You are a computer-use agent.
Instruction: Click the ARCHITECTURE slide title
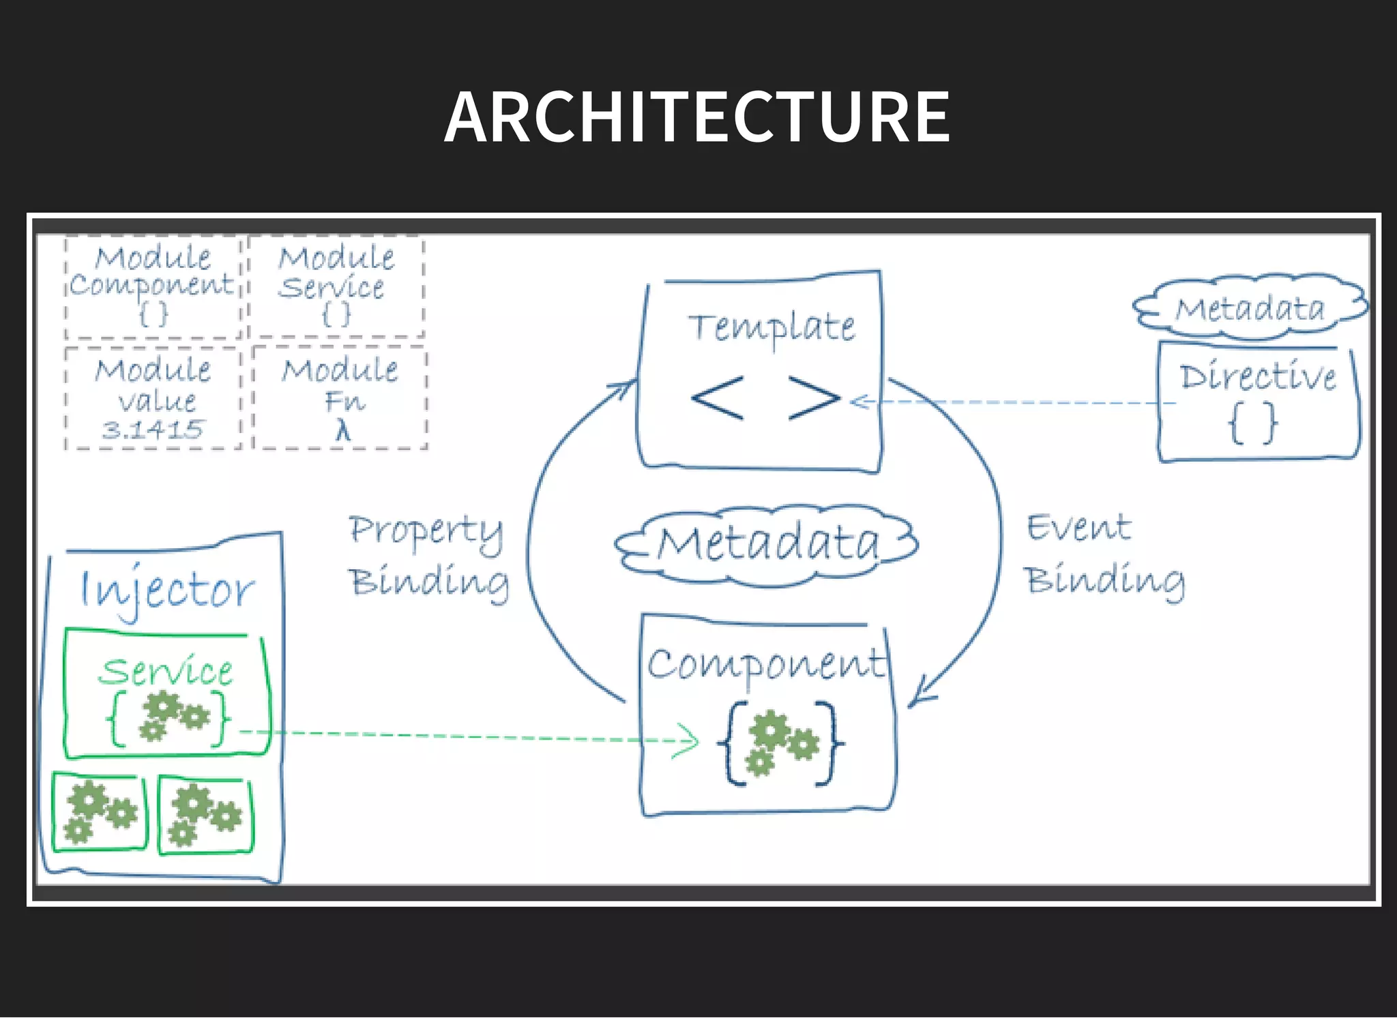(x=696, y=117)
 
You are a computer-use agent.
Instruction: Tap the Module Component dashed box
(x=153, y=286)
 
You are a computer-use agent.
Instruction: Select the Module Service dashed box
(x=336, y=286)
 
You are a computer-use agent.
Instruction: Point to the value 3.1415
(x=153, y=430)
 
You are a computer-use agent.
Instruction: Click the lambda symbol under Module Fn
(x=342, y=431)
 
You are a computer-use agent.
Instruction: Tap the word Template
(x=771, y=327)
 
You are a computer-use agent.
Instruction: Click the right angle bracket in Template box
(x=814, y=398)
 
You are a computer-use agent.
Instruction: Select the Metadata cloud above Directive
(x=1250, y=308)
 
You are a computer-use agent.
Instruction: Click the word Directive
(x=1258, y=376)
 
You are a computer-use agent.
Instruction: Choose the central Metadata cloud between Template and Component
(x=767, y=544)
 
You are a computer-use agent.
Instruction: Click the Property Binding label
(x=428, y=556)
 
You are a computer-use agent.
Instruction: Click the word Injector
(x=166, y=590)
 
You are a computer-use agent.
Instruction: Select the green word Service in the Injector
(x=166, y=672)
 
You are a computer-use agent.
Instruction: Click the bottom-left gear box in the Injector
(x=100, y=813)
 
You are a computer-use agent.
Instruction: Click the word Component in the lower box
(x=765, y=663)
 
